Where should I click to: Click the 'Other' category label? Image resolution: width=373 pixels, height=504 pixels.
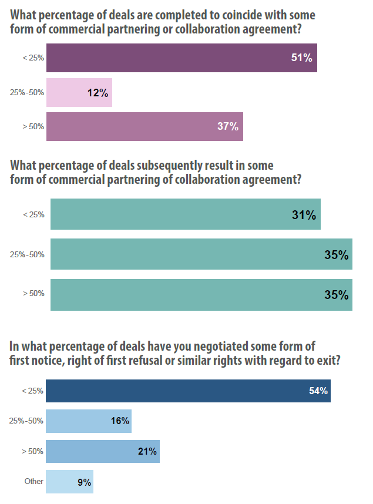pyautogui.click(x=34, y=482)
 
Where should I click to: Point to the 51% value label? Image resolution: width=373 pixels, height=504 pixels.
pyautogui.click(x=301, y=58)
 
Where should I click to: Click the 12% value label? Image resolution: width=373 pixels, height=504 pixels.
pyautogui.click(x=97, y=92)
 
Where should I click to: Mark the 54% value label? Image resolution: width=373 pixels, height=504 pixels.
pyautogui.click(x=318, y=391)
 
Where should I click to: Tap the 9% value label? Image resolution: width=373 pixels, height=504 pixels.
pyautogui.click(x=84, y=482)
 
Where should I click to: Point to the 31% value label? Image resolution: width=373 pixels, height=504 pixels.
pyautogui.click(x=304, y=215)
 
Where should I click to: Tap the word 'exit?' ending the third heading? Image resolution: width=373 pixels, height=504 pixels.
pyautogui.click(x=326, y=361)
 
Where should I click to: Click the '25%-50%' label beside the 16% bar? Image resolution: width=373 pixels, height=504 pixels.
pyautogui.click(x=28, y=421)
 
